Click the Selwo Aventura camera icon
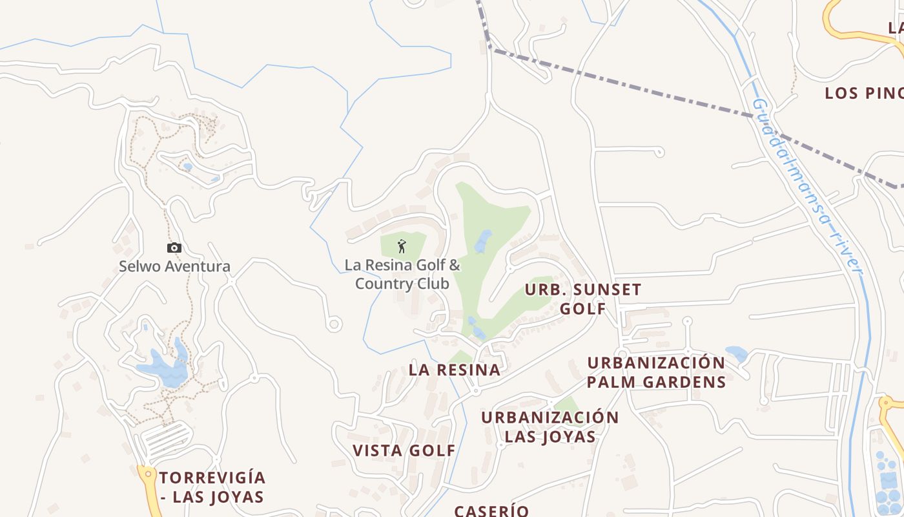tap(174, 248)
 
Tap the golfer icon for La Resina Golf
tap(402, 246)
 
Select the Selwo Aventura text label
tap(174, 266)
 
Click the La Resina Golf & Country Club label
tap(402, 274)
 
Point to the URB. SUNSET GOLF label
tap(583, 299)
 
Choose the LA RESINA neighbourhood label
tap(455, 370)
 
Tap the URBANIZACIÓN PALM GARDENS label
tap(657, 372)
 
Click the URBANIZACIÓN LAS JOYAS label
tap(550, 427)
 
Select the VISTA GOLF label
tap(404, 450)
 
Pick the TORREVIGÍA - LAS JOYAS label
tap(212, 487)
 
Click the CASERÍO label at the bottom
tap(491, 511)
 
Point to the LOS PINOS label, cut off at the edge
tap(864, 93)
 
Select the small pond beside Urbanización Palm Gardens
tap(737, 353)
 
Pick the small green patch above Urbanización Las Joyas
tap(567, 405)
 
